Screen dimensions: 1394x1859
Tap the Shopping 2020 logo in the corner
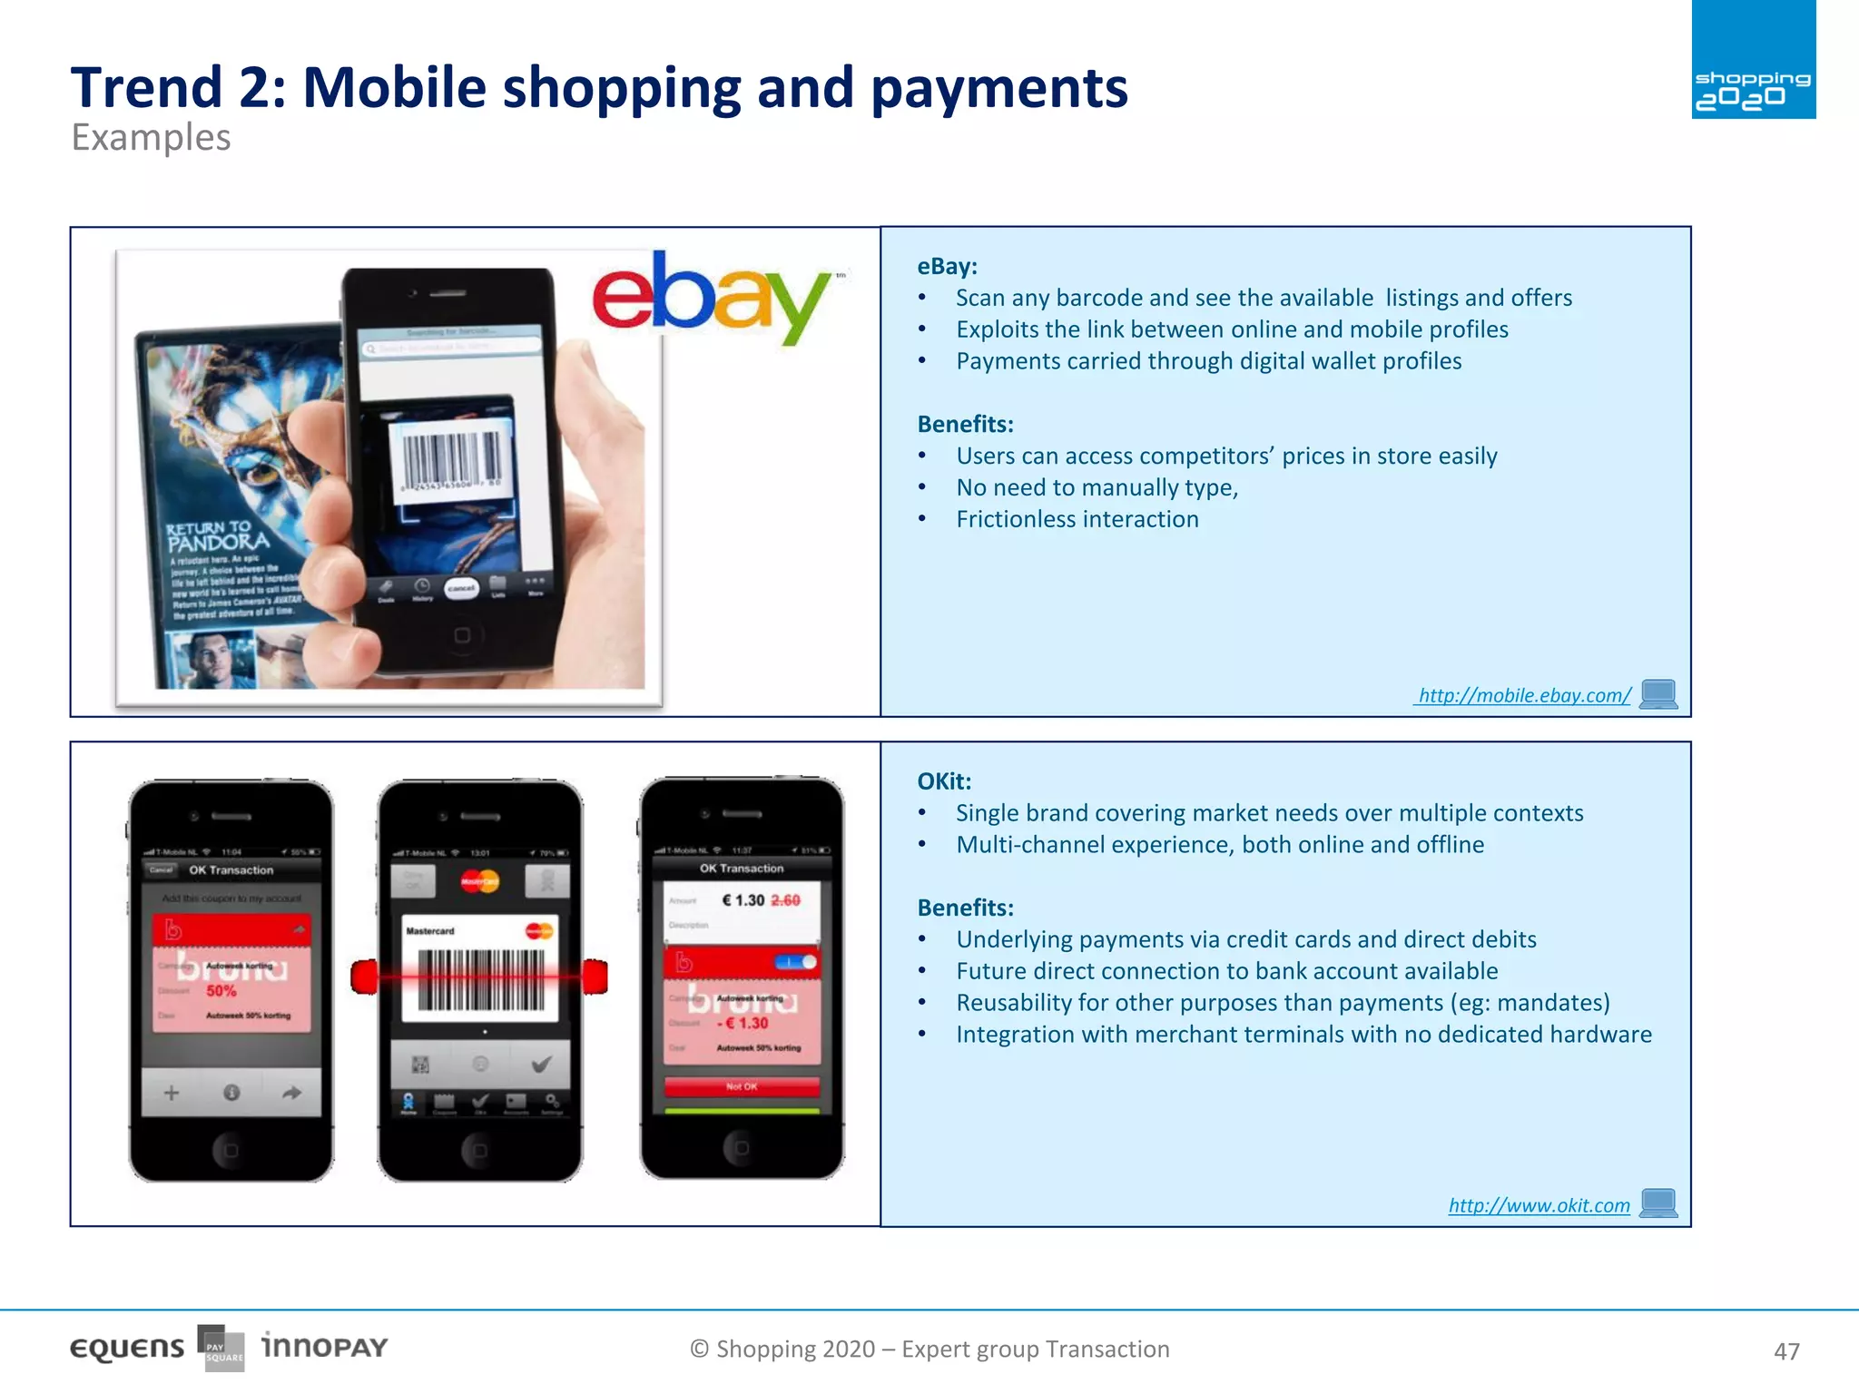(1753, 60)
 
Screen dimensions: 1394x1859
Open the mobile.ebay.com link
(1524, 695)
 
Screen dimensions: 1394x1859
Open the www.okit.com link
(1539, 1205)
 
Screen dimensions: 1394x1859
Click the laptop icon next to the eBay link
(1658, 694)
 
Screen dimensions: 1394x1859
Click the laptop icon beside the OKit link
(1658, 1203)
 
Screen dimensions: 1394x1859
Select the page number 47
(1786, 1351)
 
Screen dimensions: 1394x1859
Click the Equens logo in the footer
(127, 1349)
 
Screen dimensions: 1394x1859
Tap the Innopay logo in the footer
(324, 1346)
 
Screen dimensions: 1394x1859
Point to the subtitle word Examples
(151, 138)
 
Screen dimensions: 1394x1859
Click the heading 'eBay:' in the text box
(947, 267)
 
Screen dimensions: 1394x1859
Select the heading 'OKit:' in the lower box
(944, 781)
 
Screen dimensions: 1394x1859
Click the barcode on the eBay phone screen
(450, 459)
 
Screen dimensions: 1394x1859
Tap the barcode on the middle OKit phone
(480, 980)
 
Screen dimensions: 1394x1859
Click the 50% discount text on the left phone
(221, 991)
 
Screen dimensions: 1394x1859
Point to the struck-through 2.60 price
(785, 900)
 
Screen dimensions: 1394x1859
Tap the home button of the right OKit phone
(742, 1148)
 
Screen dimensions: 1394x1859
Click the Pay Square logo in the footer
(221, 1349)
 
